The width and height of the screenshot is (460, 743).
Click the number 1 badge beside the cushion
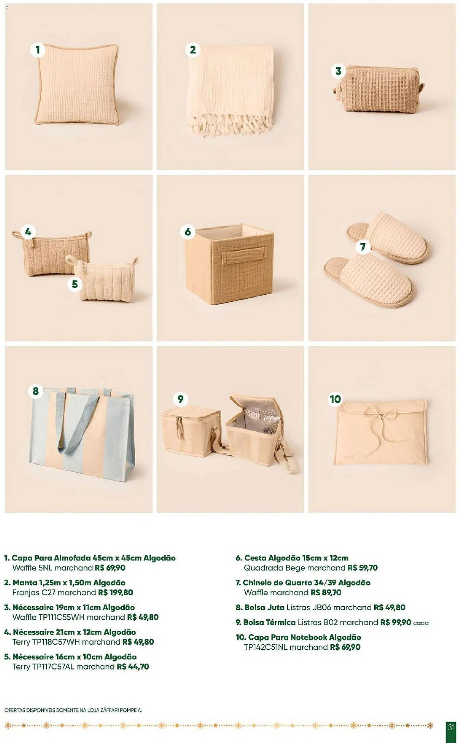tap(37, 49)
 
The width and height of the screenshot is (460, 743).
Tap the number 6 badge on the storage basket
tap(188, 232)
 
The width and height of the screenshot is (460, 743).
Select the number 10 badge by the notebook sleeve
tap(335, 399)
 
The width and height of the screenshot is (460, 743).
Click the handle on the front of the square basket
tap(244, 255)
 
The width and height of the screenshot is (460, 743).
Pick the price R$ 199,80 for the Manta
tap(115, 593)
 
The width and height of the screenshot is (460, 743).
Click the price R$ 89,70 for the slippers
tap(326, 593)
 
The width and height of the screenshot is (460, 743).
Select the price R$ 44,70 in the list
tap(133, 667)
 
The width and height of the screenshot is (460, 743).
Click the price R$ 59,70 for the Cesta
tap(363, 568)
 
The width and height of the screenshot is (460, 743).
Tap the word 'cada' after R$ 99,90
tap(421, 623)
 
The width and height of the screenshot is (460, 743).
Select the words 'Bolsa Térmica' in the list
tap(270, 622)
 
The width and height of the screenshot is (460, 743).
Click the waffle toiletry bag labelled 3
tap(379, 90)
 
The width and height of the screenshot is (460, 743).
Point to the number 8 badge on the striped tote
tap(36, 391)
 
